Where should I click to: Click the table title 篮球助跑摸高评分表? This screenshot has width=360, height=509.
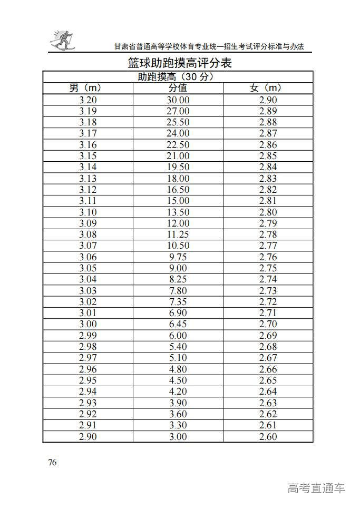(180, 63)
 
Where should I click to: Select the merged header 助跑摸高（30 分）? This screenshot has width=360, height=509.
(178, 77)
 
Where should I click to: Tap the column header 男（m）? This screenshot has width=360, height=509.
(87, 88)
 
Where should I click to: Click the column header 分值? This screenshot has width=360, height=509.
(178, 88)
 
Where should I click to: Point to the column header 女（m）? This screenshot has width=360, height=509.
(268, 88)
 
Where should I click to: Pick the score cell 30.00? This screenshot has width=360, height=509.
(178, 100)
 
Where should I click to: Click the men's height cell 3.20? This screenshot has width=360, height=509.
(87, 100)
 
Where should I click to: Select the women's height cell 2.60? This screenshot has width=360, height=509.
(268, 436)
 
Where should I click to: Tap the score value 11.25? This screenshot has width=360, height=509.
(178, 234)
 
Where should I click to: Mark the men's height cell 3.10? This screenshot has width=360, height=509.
(87, 212)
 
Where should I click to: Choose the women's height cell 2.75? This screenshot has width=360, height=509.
(268, 268)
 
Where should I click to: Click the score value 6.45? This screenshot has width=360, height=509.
(178, 324)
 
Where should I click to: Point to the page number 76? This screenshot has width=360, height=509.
(52, 463)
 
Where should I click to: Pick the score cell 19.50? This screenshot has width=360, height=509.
(178, 167)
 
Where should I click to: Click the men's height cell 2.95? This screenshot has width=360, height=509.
(87, 380)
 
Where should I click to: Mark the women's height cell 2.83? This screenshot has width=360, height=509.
(268, 179)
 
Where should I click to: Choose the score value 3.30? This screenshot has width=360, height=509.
(178, 425)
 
